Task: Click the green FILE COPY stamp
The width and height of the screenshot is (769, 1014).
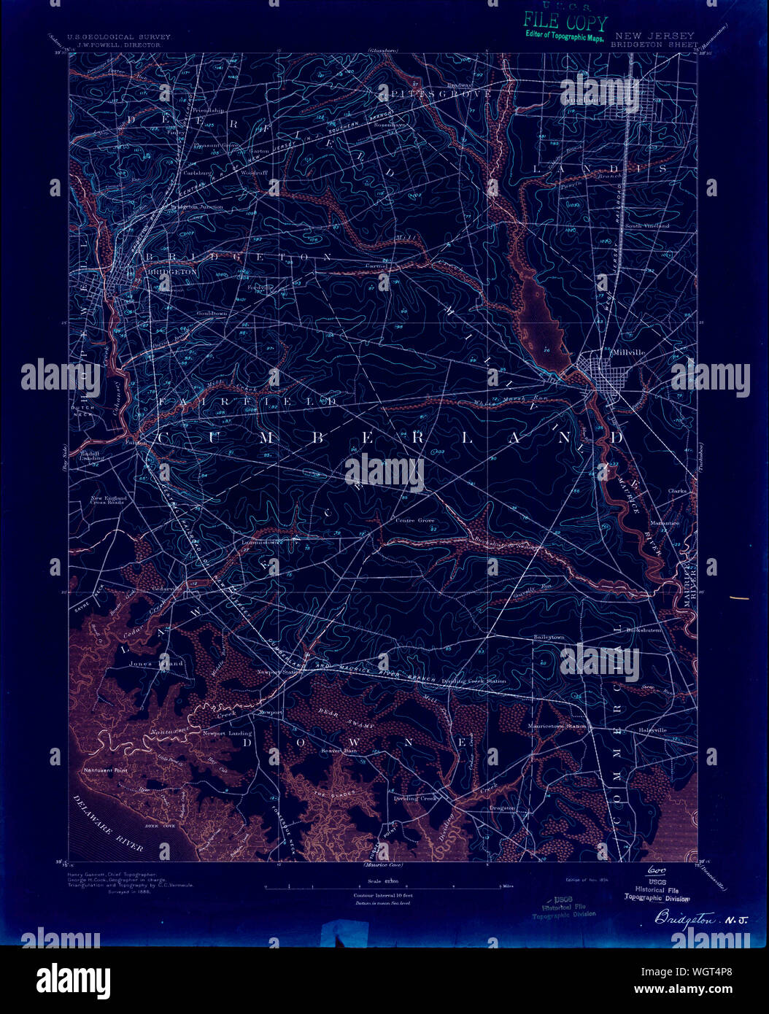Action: pyautogui.click(x=564, y=25)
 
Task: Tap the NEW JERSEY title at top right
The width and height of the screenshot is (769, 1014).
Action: pyautogui.click(x=654, y=36)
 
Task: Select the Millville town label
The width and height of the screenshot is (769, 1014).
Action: pyautogui.click(x=629, y=352)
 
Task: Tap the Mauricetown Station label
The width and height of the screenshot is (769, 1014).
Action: pyautogui.click(x=558, y=727)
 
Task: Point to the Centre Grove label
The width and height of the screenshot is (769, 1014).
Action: pyautogui.click(x=414, y=521)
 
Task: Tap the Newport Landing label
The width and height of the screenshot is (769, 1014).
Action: pyautogui.click(x=227, y=733)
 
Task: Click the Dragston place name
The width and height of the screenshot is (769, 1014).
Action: pyautogui.click(x=503, y=808)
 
